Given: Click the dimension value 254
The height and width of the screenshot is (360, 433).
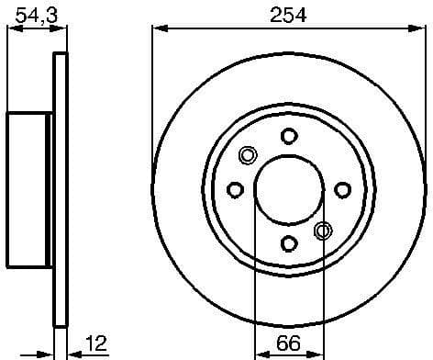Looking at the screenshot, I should tap(288, 15).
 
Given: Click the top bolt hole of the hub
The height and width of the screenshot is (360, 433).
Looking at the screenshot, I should tap(289, 136).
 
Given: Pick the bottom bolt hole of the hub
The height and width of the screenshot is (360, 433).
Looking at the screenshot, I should tap(289, 243).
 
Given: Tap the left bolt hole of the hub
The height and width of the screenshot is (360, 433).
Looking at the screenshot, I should tap(235, 190).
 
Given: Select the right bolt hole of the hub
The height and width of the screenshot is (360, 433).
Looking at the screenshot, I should tap(343, 190).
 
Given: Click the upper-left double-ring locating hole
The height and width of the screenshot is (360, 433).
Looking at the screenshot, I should tap(248, 155).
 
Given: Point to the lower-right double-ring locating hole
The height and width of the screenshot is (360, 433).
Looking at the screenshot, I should tap(323, 231).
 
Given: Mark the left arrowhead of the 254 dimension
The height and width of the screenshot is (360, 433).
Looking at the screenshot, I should tap(159, 30).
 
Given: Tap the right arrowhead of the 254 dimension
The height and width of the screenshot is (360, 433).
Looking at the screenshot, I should tap(418, 30).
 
